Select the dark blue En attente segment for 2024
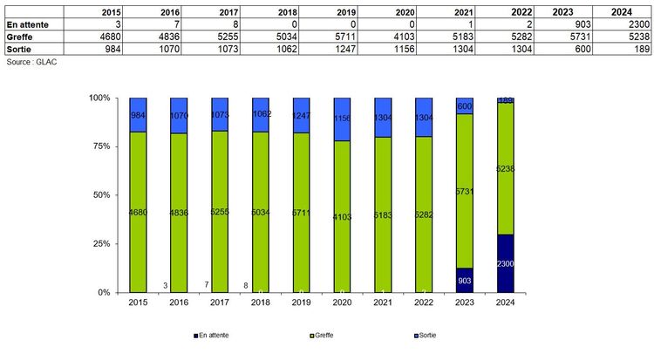[x=505, y=263]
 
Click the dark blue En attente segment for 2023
[x=464, y=280]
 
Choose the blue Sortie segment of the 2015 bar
[x=138, y=115]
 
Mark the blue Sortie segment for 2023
[x=464, y=105]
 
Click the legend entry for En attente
[x=212, y=335]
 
